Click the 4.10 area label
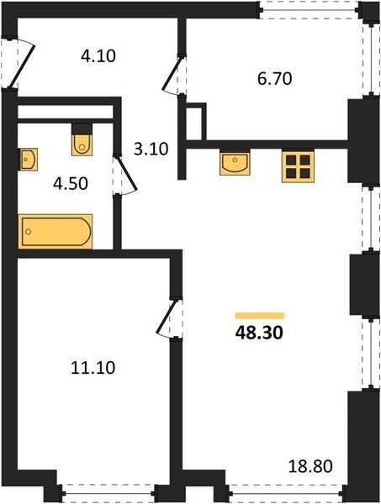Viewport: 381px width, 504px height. [x=98, y=56]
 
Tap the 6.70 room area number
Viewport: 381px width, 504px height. [x=274, y=78]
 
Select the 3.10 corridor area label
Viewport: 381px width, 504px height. [x=151, y=150]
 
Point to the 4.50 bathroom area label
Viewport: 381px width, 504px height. [x=71, y=184]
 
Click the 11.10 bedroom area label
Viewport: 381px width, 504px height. [x=93, y=368]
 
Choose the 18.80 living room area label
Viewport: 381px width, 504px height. [x=310, y=466]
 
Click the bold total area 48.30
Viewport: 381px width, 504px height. [x=259, y=333]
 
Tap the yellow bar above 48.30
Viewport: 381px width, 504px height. [x=260, y=316]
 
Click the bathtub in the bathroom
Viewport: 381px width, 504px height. [x=56, y=232]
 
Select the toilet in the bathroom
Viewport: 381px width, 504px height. [x=82, y=139]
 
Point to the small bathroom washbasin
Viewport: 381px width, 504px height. [x=28, y=160]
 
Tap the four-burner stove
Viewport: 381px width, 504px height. [x=298, y=165]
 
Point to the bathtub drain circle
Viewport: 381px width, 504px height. [x=29, y=232]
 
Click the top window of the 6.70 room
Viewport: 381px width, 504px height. [x=310, y=10]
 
